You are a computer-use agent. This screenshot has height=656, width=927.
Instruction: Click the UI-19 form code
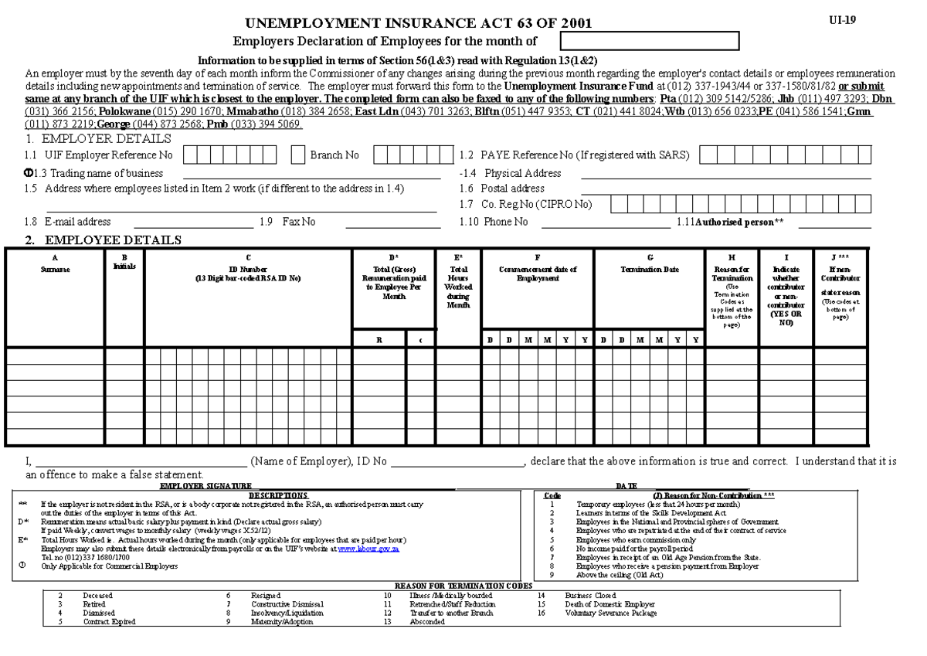coord(841,19)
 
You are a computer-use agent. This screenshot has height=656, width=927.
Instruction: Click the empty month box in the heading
coord(650,40)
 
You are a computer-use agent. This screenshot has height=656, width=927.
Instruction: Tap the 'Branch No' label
coord(334,155)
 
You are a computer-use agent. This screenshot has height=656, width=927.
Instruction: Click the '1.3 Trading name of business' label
coord(98,173)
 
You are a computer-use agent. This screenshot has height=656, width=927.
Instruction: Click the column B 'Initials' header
coord(124,263)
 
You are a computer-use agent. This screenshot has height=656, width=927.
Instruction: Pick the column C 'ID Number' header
coord(248,268)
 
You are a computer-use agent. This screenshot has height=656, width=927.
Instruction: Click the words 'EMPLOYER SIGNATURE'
coord(205,487)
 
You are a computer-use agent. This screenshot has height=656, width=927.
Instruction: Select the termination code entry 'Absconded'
coord(427,621)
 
